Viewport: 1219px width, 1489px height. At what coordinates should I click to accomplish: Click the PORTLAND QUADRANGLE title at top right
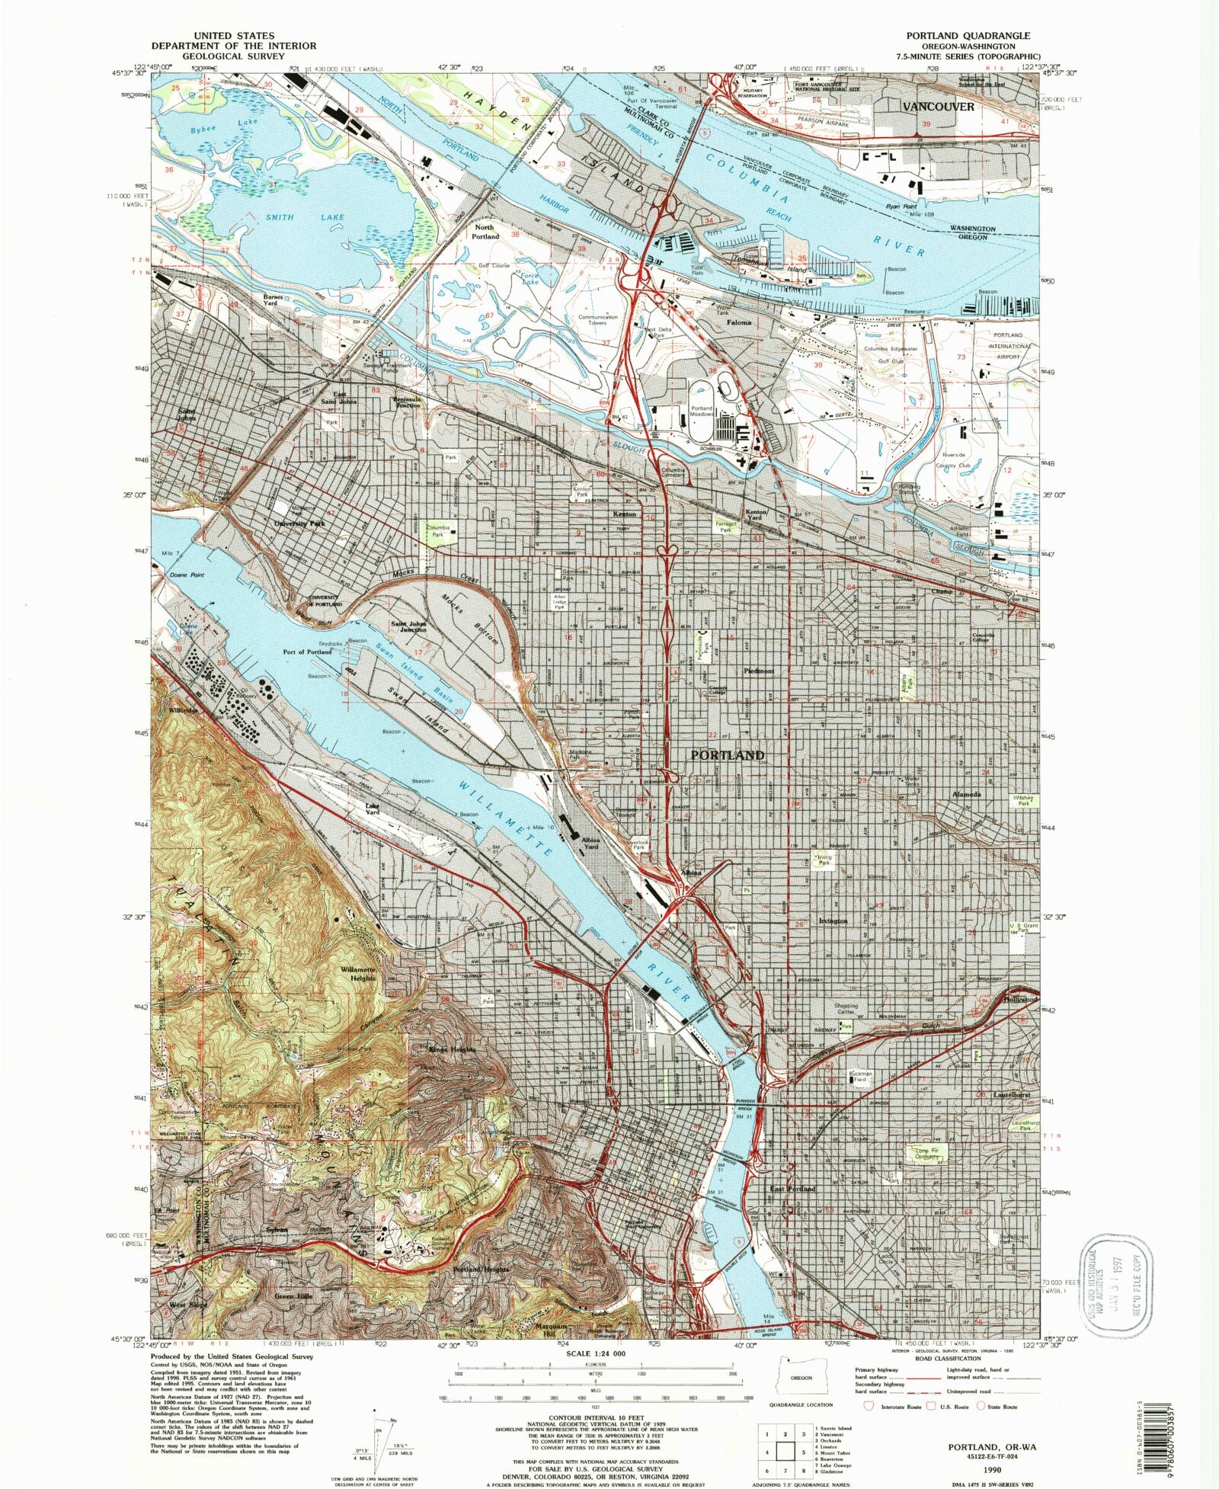[967, 36]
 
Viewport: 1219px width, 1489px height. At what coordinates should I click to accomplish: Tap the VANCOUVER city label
[938, 107]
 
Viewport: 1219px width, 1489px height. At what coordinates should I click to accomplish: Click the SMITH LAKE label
[305, 217]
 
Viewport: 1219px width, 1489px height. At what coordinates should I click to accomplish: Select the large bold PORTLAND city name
[727, 754]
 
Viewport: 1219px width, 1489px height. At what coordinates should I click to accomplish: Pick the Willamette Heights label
[358, 973]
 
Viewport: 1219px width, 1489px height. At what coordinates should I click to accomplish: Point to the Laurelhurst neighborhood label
[1011, 1095]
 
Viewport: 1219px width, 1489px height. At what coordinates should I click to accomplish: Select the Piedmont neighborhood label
[759, 671]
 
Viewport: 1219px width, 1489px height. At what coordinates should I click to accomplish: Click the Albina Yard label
[591, 842]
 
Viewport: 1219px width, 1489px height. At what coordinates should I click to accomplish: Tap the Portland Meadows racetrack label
[702, 411]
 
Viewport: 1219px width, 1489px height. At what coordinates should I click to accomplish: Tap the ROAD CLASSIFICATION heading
[947, 1358]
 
